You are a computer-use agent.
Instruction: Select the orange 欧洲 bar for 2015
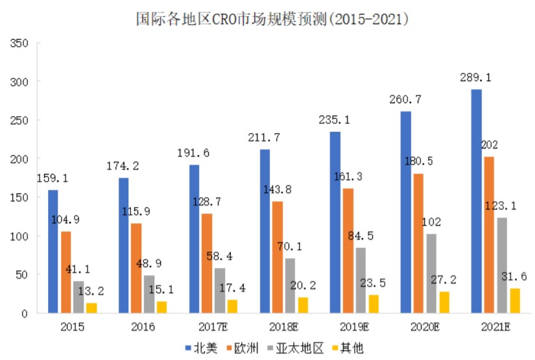point(67,272)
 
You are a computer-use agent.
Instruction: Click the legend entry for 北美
point(200,347)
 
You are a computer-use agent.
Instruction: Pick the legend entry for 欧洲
point(248,347)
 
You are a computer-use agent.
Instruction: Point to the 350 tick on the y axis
point(19,43)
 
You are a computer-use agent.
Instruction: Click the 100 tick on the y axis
point(19,236)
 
